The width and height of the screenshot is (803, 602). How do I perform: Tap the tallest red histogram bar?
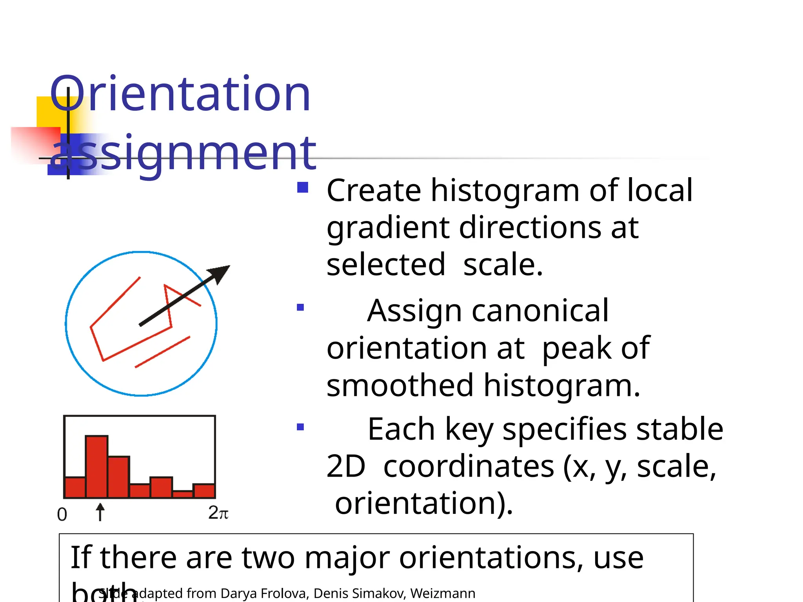tap(96, 466)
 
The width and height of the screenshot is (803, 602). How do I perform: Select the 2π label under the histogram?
tap(218, 513)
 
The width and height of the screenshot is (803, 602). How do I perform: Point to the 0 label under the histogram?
tap(62, 514)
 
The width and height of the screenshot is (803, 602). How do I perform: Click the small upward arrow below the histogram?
tap(100, 511)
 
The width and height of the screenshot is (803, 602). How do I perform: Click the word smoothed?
tap(400, 385)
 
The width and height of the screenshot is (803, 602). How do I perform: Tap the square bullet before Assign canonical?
tap(300, 307)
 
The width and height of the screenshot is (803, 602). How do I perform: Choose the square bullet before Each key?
tap(300, 427)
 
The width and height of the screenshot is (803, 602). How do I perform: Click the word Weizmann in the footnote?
tap(443, 593)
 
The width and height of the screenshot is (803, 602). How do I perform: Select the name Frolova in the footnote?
tap(284, 593)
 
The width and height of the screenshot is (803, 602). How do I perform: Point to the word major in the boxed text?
tap(347, 558)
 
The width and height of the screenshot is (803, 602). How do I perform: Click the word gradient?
tap(388, 228)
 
